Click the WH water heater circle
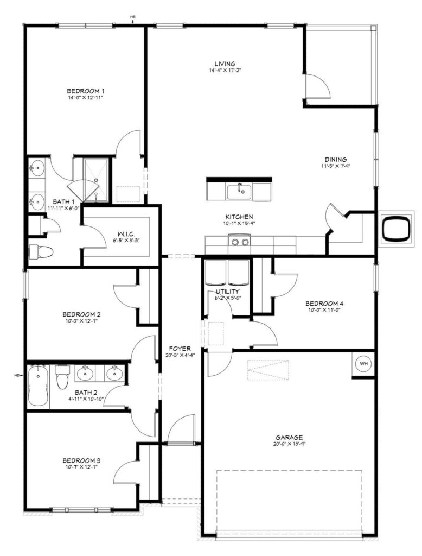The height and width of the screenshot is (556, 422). click(x=363, y=363)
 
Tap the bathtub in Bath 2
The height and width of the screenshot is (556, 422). click(x=37, y=386)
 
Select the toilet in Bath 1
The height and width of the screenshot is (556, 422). click(x=41, y=251)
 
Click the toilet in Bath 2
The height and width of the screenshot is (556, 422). click(x=62, y=377)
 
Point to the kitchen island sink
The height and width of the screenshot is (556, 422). click(x=240, y=192)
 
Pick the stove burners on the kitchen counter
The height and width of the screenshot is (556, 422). click(x=240, y=242)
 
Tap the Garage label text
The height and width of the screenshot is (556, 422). click(x=290, y=437)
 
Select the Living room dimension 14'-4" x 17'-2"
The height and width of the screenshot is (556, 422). click(x=225, y=70)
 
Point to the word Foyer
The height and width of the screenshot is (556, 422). click(x=180, y=349)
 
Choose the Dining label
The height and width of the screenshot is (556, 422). click(x=336, y=160)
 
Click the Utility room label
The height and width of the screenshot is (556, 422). click(x=228, y=292)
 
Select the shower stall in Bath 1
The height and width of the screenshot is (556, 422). click(x=95, y=180)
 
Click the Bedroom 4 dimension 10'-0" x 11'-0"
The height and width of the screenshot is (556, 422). click(x=324, y=310)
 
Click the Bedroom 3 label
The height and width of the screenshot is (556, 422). click(x=81, y=460)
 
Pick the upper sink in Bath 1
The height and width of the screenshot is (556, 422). click(x=36, y=167)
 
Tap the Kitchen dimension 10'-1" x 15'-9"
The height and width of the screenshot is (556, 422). click(x=239, y=223)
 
